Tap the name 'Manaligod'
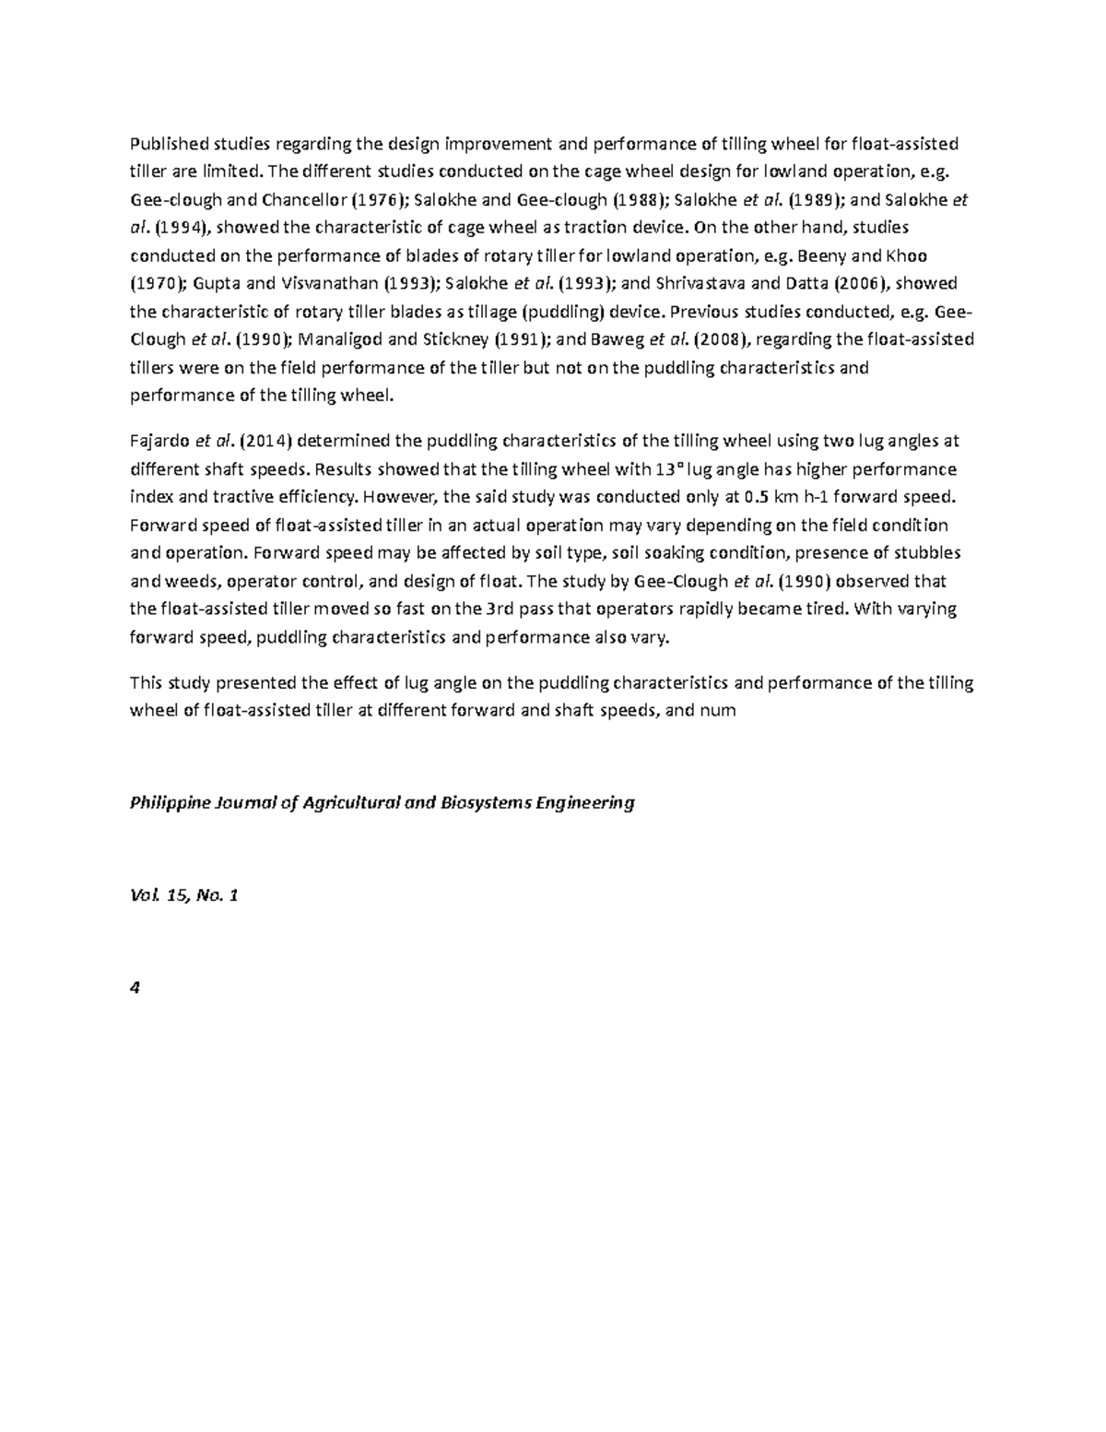(x=334, y=339)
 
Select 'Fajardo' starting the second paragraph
(x=155, y=442)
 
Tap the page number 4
(x=135, y=988)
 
